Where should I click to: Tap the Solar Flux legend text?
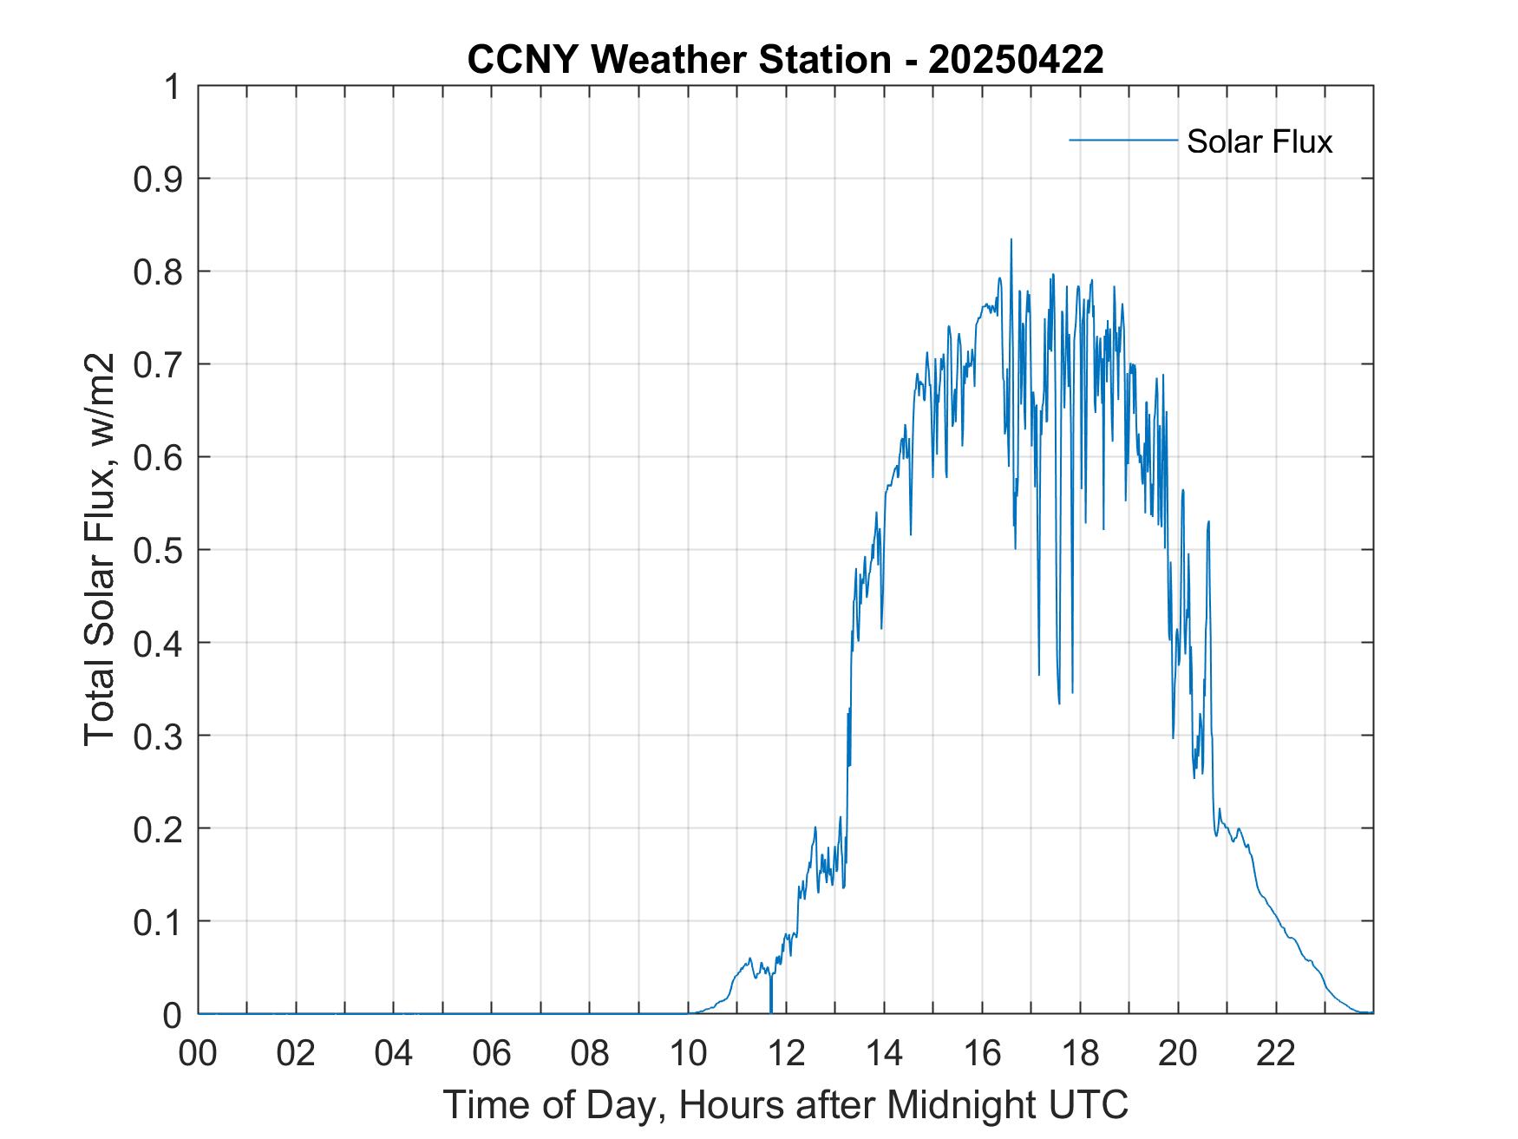(x=1259, y=141)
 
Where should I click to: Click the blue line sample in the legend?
(x=1122, y=140)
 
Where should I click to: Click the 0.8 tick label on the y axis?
(x=159, y=272)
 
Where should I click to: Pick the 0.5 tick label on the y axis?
(x=159, y=550)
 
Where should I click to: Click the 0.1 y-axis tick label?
(x=159, y=922)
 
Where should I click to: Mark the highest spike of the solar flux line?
(x=1011, y=240)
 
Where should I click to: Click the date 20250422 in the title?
(x=1016, y=60)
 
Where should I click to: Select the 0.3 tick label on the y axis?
(x=159, y=736)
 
